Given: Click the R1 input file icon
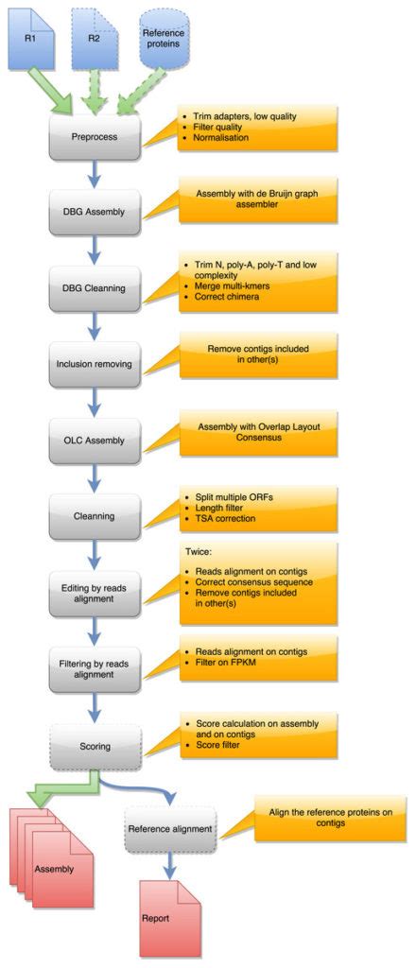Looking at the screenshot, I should (x=32, y=37).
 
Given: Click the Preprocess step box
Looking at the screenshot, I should (x=95, y=135).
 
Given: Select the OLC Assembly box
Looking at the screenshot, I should (x=95, y=438).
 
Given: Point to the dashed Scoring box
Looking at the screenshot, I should (x=95, y=746).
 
